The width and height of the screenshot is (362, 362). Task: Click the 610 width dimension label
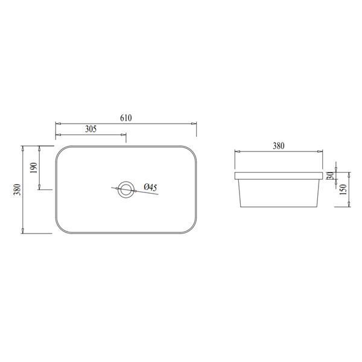(x=126, y=118)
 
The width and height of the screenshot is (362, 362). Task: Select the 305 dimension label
(x=91, y=129)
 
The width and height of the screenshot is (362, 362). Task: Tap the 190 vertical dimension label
(x=34, y=168)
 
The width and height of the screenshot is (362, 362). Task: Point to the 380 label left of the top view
(x=17, y=189)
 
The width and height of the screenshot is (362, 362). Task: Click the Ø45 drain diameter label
(x=150, y=187)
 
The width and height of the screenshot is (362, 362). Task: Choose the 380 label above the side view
(x=279, y=146)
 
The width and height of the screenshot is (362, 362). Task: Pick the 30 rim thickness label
(x=331, y=176)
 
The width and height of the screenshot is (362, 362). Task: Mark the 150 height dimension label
(x=343, y=189)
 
